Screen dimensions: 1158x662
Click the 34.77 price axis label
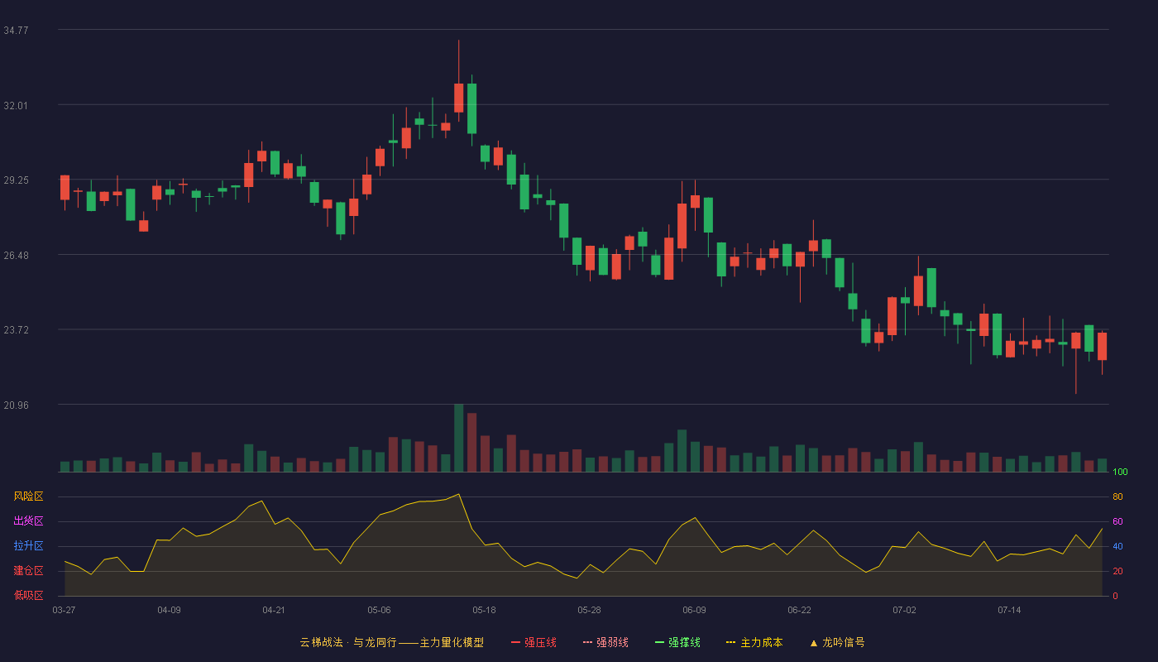click(16, 31)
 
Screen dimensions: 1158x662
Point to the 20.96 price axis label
click(16, 405)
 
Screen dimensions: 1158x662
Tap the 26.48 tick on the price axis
click(16, 256)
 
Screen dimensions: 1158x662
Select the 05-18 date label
click(484, 611)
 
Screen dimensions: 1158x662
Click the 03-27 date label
click(65, 611)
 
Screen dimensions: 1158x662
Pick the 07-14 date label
click(1009, 611)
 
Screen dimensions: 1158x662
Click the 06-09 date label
click(694, 611)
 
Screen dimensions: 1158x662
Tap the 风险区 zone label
click(28, 496)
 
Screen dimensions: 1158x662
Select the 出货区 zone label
click(28, 520)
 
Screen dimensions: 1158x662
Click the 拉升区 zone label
click(28, 545)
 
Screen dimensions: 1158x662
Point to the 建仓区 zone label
click(28, 570)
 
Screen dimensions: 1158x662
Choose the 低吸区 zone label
click(28, 595)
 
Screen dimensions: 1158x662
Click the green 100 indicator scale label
click(1120, 472)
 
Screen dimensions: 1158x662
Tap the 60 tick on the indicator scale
click(1117, 521)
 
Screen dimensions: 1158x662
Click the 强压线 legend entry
click(534, 642)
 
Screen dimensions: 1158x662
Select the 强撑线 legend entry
click(677, 642)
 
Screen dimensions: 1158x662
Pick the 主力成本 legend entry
click(754, 642)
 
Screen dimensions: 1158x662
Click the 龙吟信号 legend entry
click(837, 642)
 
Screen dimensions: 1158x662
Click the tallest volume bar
click(458, 438)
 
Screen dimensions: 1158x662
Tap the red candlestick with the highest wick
click(458, 98)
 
